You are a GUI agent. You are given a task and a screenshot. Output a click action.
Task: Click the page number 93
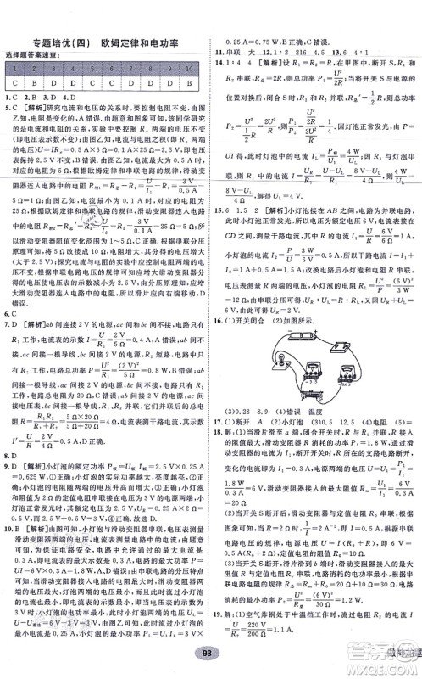211,652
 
